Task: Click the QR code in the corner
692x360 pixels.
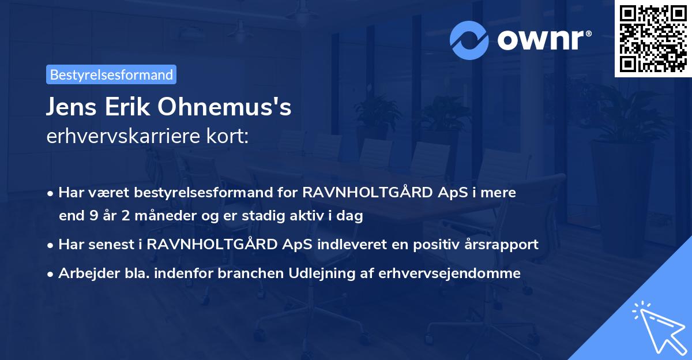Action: [x=653, y=39]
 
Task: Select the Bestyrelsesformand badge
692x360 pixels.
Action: [x=111, y=74]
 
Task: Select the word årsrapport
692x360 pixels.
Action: [x=504, y=244]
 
